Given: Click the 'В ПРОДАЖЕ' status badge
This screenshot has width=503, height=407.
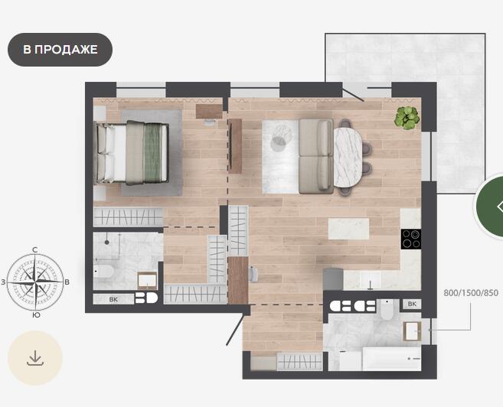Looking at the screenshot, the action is click(60, 50).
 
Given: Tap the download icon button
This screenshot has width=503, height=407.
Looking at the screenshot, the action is click(35, 358).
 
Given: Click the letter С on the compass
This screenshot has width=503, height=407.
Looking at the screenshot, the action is click(35, 250).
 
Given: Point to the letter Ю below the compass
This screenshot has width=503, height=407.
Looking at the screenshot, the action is click(36, 315).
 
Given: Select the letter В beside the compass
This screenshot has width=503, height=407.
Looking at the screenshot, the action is click(67, 282).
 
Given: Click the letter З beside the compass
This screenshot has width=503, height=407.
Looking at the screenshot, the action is click(3, 282).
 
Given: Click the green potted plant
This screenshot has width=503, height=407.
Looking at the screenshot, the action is click(407, 118).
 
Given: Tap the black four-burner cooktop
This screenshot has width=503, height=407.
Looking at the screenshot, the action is click(411, 239).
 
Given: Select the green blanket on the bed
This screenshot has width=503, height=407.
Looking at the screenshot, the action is click(152, 152).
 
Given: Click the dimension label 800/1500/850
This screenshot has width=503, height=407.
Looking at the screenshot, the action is click(471, 293).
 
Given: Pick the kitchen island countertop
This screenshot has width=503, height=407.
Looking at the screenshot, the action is click(348, 229).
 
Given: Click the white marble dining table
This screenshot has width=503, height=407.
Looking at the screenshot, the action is click(348, 158).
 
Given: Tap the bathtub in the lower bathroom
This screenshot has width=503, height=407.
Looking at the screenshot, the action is click(391, 359).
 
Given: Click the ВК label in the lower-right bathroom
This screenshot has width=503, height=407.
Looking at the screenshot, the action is click(412, 304).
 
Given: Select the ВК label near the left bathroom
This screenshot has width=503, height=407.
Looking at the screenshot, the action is click(113, 300).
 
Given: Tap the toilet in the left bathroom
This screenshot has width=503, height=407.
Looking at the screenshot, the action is click(103, 272).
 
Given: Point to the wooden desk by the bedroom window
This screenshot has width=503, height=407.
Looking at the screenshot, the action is click(209, 112).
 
